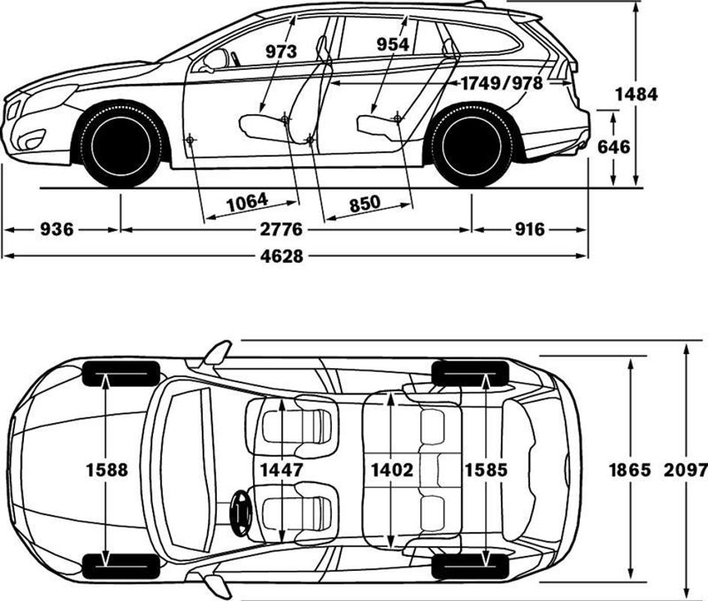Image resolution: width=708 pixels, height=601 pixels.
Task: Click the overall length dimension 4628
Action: click(x=282, y=256)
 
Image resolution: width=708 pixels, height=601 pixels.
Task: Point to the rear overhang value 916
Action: click(x=530, y=229)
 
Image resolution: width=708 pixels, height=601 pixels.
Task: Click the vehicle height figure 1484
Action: click(x=636, y=94)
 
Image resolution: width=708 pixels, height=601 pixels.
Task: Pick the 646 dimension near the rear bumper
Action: click(x=614, y=146)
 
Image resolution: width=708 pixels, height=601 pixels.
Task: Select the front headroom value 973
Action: click(x=281, y=52)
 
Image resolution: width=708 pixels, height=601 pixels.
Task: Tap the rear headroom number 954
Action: click(x=393, y=44)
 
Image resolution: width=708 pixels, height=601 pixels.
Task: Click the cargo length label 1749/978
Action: click(x=502, y=83)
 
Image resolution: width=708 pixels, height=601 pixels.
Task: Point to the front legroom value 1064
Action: click(x=246, y=201)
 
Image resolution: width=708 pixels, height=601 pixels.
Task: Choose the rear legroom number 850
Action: click(x=365, y=203)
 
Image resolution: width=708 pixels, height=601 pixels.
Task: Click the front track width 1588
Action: click(x=107, y=470)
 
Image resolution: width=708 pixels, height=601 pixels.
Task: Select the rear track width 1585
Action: click(x=487, y=470)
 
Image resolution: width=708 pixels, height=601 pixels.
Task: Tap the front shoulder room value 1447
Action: click(x=281, y=470)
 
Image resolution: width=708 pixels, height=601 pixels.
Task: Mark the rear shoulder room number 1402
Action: click(x=392, y=470)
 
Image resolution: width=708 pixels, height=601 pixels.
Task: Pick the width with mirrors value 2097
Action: click(x=686, y=470)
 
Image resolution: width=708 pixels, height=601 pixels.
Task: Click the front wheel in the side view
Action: click(x=120, y=146)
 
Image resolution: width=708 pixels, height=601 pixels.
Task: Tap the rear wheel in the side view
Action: click(x=471, y=146)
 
